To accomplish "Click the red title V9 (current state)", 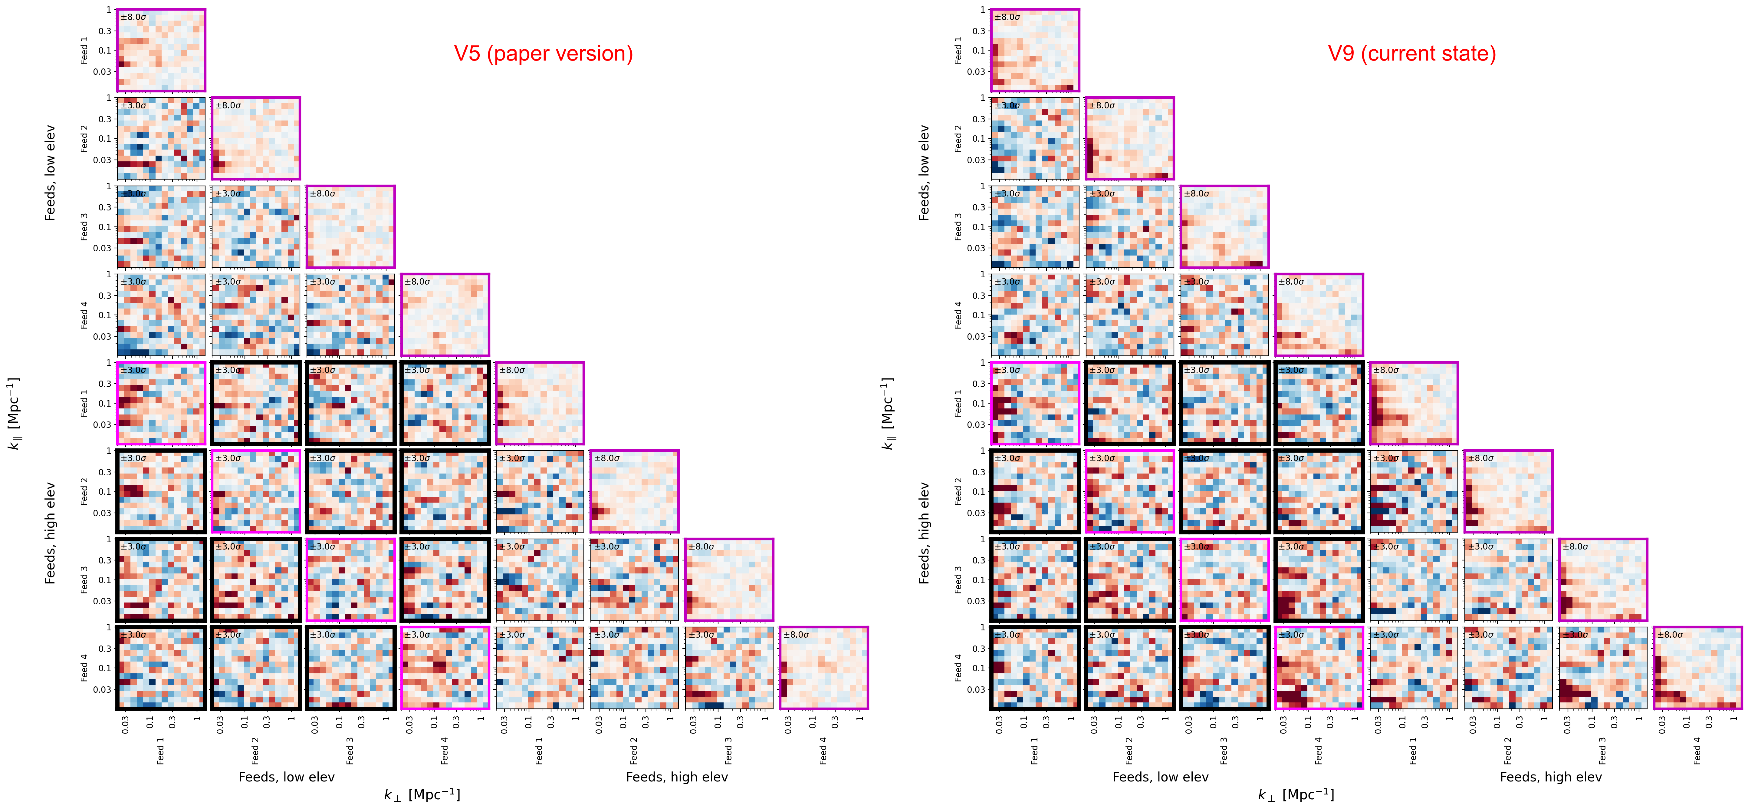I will tap(1411, 54).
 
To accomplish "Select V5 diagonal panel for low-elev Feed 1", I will tap(161, 50).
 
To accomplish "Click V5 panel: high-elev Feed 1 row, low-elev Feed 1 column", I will tap(161, 403).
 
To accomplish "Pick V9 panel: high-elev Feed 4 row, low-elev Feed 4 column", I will tap(1319, 668).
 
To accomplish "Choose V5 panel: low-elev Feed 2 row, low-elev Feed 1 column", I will tap(161, 138).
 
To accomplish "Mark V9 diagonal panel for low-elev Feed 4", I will tap(1319, 315).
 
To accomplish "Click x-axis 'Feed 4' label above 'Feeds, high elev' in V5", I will tap(823, 751).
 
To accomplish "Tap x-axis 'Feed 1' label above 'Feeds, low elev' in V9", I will tap(1034, 751).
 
